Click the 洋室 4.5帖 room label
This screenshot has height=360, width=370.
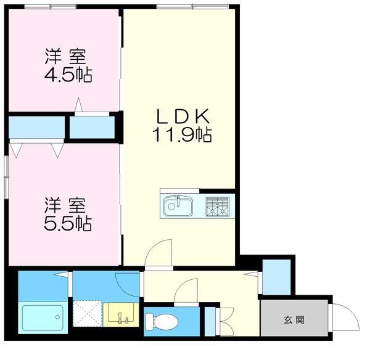pyautogui.click(x=68, y=65)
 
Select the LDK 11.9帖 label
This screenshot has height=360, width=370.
pyautogui.click(x=183, y=125)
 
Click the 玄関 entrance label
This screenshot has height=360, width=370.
pyautogui.click(x=294, y=320)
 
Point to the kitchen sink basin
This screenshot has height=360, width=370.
pyautogui.click(x=178, y=205)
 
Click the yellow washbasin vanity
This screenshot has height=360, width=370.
pyautogui.click(x=121, y=314)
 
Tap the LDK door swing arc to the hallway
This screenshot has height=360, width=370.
pyautogui.click(x=158, y=253)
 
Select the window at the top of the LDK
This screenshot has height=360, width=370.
pyautogui.click(x=185, y=7)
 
